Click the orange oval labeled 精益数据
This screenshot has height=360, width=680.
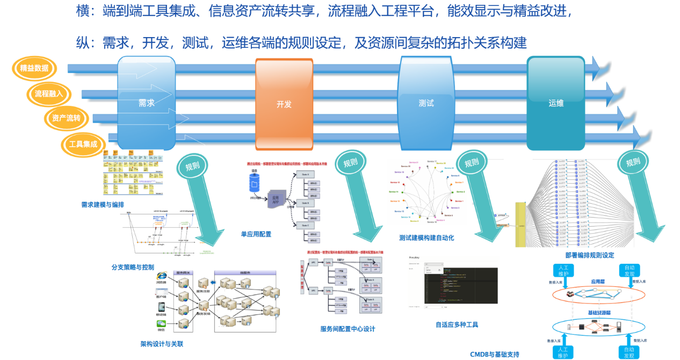point(34,68)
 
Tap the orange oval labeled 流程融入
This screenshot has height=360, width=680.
point(49,93)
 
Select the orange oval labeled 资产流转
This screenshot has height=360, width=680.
point(66,118)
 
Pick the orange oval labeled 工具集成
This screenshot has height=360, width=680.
point(83,144)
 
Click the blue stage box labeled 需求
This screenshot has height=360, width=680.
point(147,103)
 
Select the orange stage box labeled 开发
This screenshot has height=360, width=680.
point(284,104)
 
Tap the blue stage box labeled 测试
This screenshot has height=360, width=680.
point(426,103)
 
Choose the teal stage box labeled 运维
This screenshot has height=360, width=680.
point(556,103)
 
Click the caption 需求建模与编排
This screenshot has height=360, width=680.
point(103,205)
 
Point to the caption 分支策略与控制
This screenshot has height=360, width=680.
point(133,267)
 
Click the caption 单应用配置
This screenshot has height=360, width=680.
point(256,234)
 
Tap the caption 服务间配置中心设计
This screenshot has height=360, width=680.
point(348,329)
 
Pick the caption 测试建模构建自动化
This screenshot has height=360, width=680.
point(426,237)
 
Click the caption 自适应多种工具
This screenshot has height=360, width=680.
point(457,325)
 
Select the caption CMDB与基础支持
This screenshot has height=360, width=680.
point(495,355)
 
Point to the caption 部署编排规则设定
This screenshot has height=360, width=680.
point(590,255)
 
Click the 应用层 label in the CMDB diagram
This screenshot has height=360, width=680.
point(598,281)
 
